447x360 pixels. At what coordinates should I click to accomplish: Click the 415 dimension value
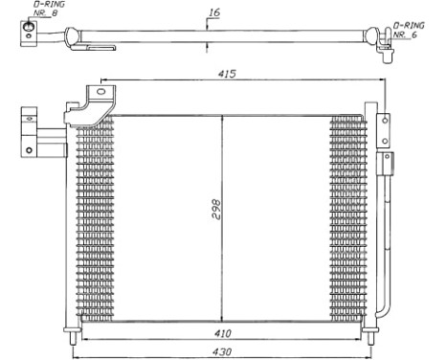227,73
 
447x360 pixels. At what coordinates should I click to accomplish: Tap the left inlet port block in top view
30,38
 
